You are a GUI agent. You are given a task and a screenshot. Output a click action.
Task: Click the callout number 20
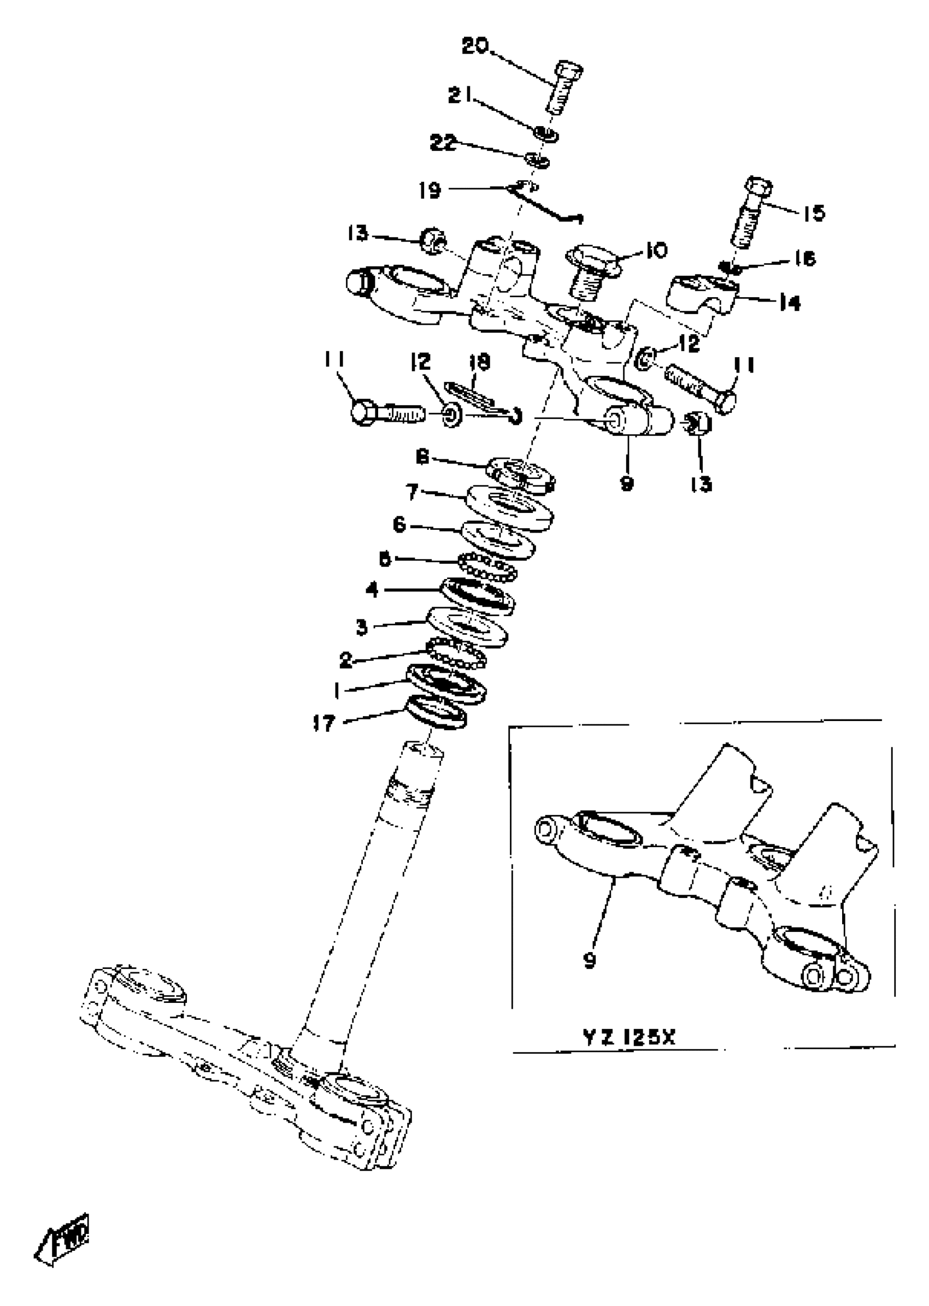[475, 46]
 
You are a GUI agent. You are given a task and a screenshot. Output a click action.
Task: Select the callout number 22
[443, 143]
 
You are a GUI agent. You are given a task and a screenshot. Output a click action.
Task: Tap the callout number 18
[479, 362]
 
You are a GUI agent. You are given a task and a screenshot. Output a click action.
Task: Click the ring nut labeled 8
[520, 474]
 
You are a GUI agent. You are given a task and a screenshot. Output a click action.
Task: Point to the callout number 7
[413, 491]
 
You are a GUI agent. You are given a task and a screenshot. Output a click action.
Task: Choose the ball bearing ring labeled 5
[488, 566]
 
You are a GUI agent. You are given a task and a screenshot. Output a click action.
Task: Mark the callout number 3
[362, 627]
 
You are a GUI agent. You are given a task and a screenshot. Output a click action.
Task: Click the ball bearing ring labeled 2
[456, 654]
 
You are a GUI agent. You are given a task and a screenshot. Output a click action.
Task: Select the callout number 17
[324, 724]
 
